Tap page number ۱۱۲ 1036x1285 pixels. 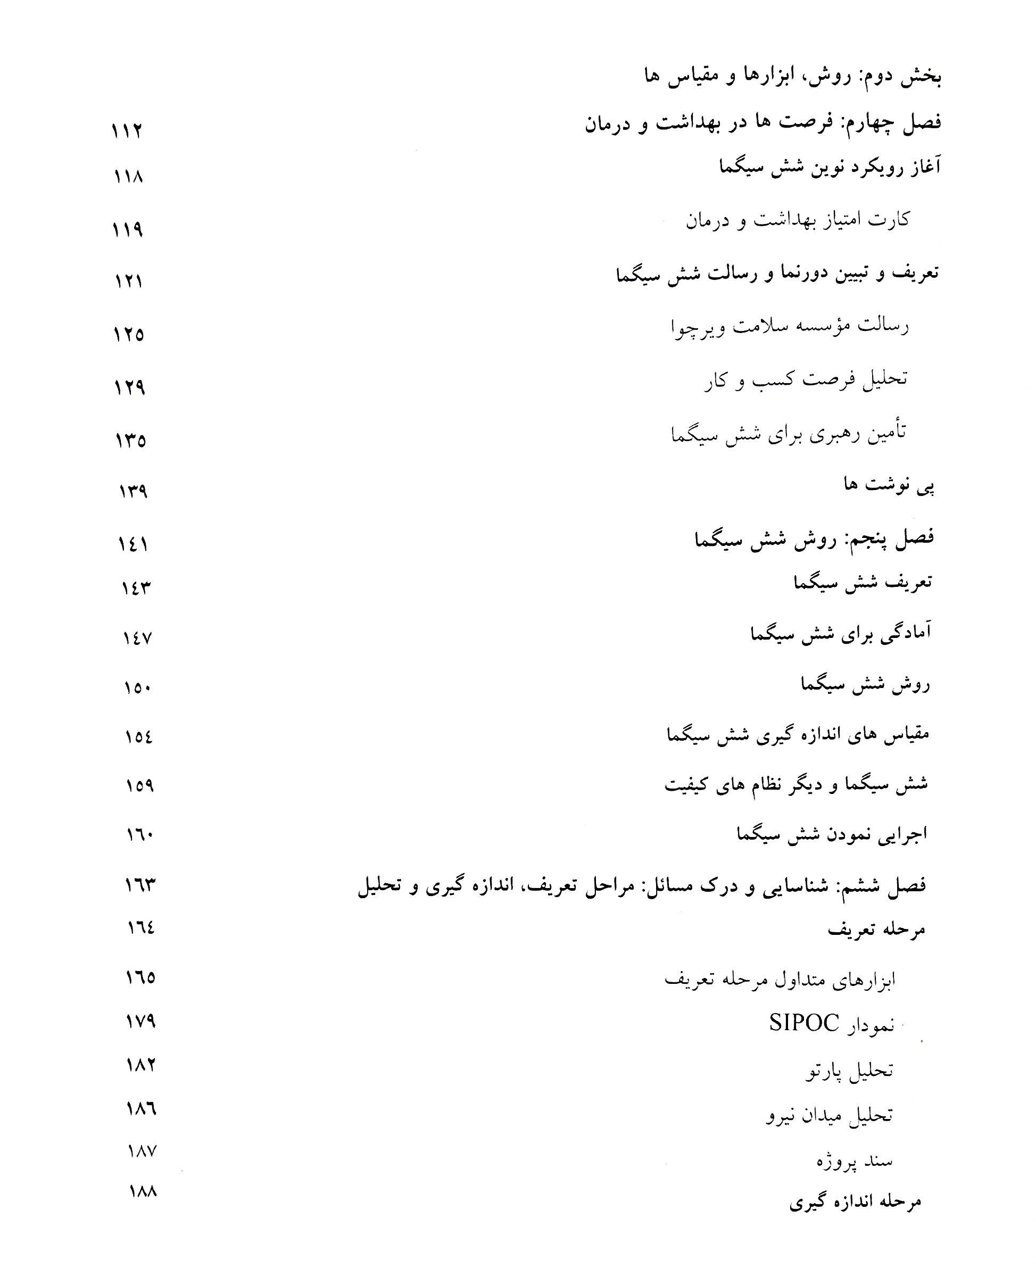(127, 130)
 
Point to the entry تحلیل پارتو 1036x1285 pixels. (849, 1071)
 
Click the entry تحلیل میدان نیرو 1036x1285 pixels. (829, 1115)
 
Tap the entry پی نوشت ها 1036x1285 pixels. (889, 486)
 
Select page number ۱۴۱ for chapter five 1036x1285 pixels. (132, 544)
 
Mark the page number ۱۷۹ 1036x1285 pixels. (141, 1022)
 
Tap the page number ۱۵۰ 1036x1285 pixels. (137, 688)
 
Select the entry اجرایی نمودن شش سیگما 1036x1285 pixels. (832, 834)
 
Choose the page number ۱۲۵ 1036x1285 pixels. (129, 334)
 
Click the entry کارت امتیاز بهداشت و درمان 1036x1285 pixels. (797, 220)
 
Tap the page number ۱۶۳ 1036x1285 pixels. (140, 884)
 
